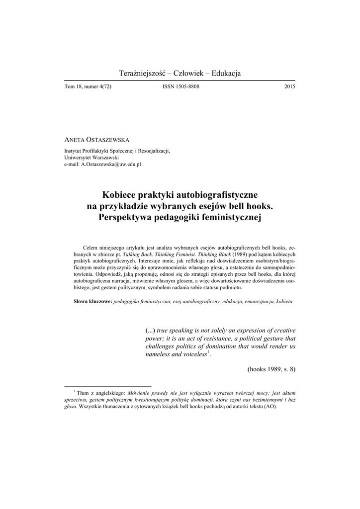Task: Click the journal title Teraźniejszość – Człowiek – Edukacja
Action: point(180,74)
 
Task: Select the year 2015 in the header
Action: point(289,87)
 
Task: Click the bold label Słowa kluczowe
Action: point(92,302)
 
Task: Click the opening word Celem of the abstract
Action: point(90,248)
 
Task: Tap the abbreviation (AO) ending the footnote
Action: point(270,406)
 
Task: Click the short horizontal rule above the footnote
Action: point(108,386)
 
